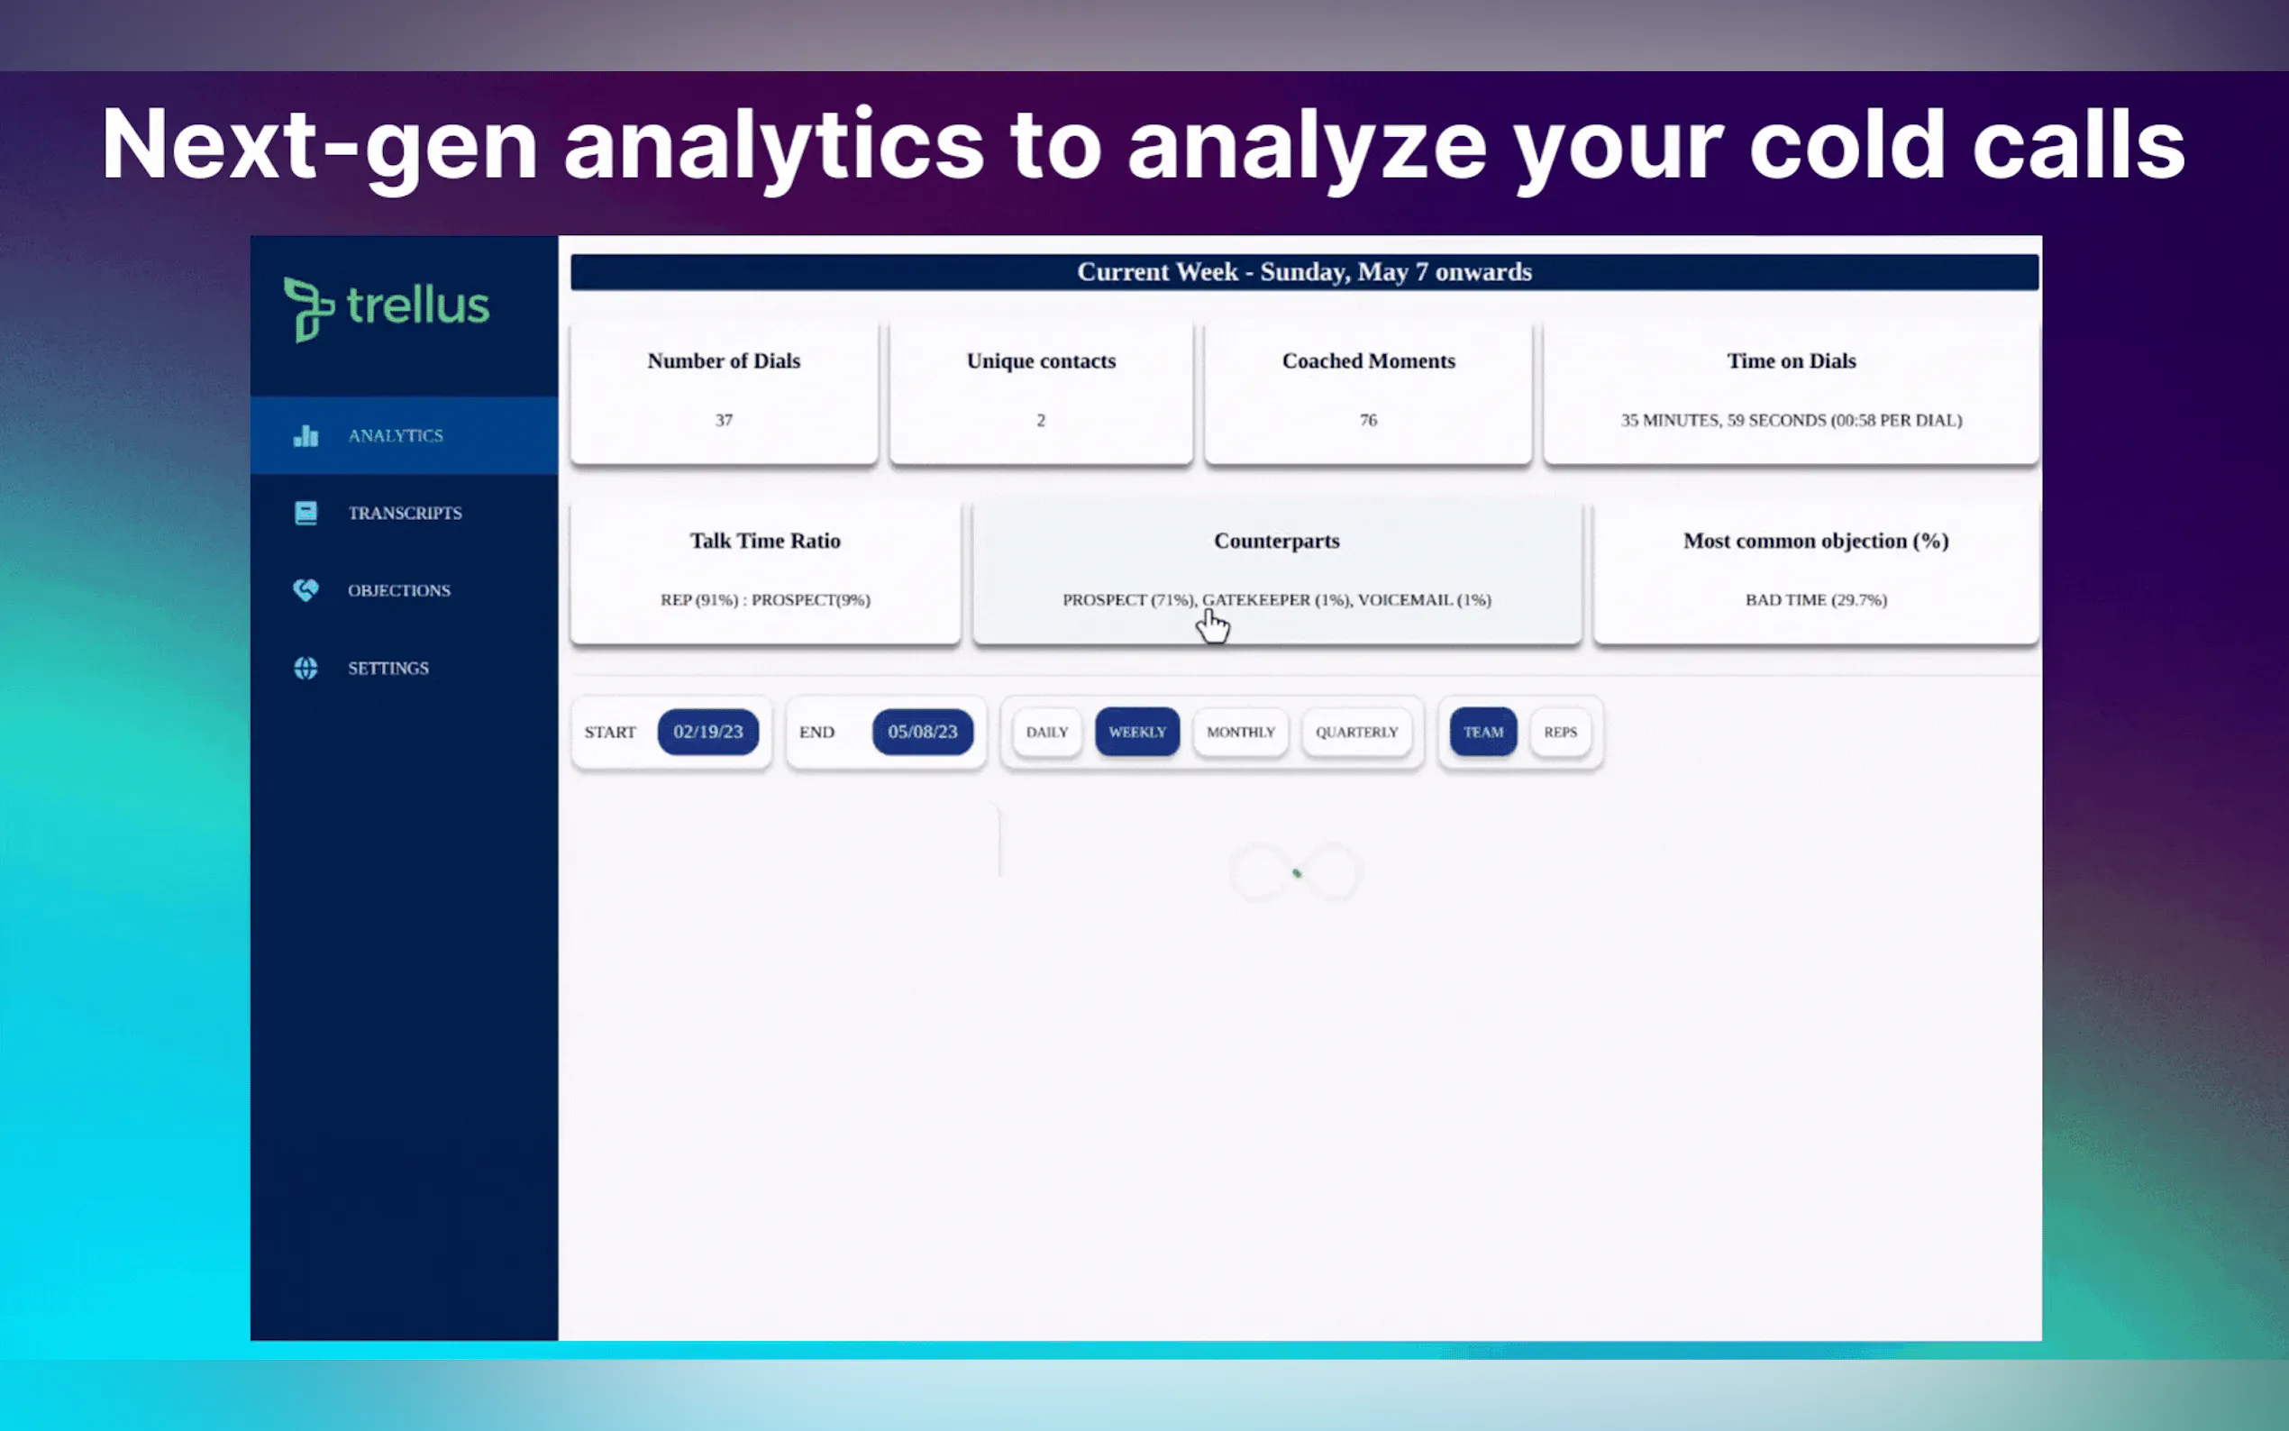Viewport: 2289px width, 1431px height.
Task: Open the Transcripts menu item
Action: coord(404,513)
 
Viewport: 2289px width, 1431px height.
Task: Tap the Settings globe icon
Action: coord(306,668)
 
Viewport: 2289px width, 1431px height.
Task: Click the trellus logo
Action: coord(387,308)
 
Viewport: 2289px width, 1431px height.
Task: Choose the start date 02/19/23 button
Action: coord(707,732)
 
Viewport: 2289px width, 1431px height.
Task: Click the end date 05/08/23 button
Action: coord(923,732)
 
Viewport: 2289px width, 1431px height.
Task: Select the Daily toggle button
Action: coord(1046,732)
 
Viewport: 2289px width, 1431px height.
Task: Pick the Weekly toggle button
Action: coord(1137,732)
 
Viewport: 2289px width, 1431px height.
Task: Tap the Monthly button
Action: coord(1241,732)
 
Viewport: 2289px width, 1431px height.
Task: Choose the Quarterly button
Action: coord(1356,732)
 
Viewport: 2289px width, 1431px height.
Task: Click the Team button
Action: coord(1482,732)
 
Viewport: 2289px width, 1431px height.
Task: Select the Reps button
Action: coord(1560,732)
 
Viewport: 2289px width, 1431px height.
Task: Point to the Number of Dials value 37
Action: coord(724,420)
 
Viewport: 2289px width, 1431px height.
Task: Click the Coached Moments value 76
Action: coord(1368,420)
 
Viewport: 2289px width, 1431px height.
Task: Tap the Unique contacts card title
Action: coord(1041,360)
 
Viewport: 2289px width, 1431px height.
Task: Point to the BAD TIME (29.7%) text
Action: coord(1816,600)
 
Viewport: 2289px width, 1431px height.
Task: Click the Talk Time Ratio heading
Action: coord(764,541)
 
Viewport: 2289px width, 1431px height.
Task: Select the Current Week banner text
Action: coord(1304,271)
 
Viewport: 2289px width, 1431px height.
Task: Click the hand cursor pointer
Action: coord(1212,625)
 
